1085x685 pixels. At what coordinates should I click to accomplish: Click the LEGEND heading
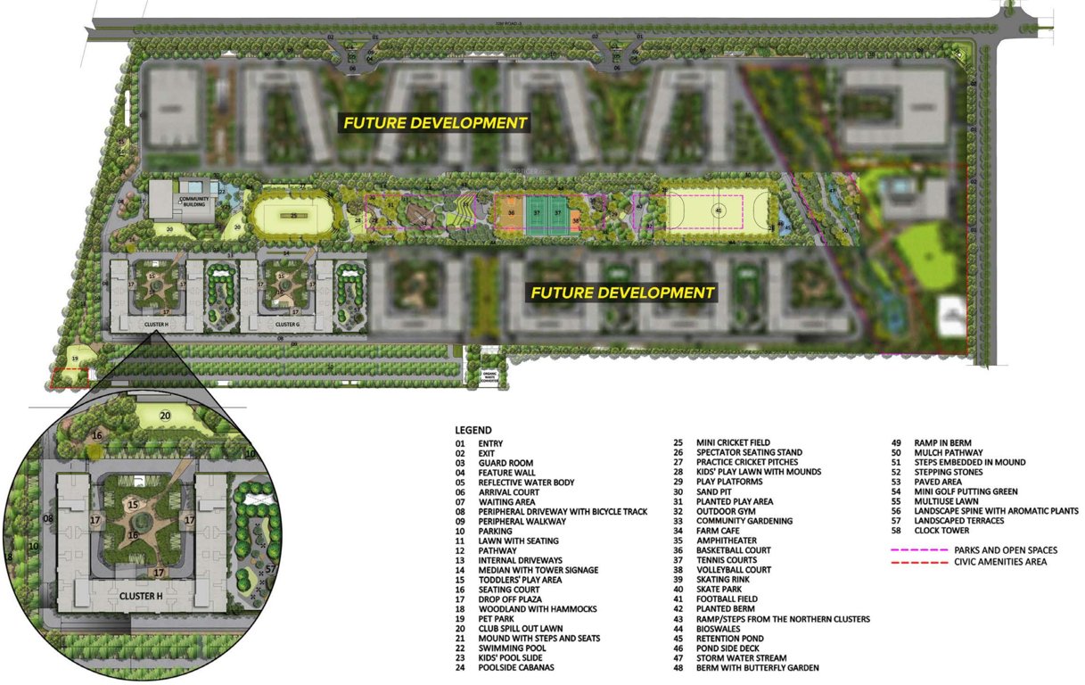(473, 430)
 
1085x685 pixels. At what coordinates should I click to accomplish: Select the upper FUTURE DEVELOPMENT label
(436, 123)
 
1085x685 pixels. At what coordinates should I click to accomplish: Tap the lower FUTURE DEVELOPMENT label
(622, 293)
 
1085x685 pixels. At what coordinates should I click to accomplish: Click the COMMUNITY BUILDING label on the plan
(193, 202)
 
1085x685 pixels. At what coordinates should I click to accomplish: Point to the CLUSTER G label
(286, 325)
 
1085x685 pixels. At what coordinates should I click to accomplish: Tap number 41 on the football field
(717, 211)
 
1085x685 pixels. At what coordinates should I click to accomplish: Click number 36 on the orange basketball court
(511, 213)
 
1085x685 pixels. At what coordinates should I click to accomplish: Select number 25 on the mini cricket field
(293, 215)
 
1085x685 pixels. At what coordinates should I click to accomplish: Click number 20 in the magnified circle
(165, 415)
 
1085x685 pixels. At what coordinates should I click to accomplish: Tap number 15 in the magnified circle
(133, 505)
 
